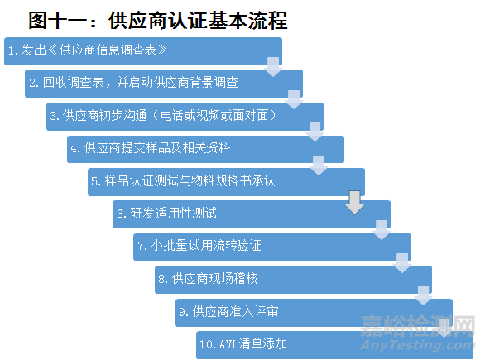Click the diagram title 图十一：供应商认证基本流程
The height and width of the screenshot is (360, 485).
coord(158,21)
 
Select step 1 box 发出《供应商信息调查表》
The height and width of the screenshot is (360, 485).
coord(143,51)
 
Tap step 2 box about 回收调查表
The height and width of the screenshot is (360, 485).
coord(164,84)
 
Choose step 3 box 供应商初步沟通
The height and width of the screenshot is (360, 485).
coord(185,117)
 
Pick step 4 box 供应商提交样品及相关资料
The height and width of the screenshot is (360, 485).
coord(206,150)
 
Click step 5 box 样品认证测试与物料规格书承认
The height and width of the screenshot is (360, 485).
coord(227,182)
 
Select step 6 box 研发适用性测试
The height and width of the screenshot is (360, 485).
coord(252,214)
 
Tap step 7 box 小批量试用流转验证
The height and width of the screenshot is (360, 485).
coord(272,247)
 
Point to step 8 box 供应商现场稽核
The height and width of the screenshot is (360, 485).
coord(293,280)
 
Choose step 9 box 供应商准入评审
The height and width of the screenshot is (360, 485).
coord(314,313)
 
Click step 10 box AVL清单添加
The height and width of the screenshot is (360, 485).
coord(334,345)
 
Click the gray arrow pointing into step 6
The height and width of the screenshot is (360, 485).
coord(354,203)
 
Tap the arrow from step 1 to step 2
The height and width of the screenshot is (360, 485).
coord(273,67)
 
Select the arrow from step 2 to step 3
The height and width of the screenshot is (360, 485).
coord(294,99)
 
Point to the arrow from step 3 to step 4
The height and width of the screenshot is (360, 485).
coord(315,132)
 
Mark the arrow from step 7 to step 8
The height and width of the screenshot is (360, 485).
coord(402,263)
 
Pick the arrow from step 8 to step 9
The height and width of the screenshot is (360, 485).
coord(423,295)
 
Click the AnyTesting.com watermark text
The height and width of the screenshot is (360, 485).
coord(417,345)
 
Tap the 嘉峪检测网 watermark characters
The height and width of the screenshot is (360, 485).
coord(417,326)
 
